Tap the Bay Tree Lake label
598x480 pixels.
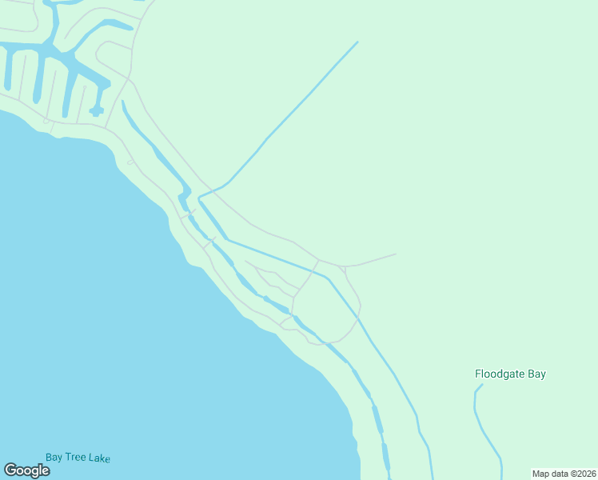tap(78, 458)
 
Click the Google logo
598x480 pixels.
tap(27, 470)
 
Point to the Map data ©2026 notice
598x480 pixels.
tap(564, 474)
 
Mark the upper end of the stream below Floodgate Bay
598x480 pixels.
tap(481, 386)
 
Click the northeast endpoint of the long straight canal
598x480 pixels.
tap(357, 42)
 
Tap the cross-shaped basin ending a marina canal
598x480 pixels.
tap(96, 111)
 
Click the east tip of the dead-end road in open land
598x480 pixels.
tap(396, 254)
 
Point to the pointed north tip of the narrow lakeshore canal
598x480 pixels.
tap(122, 102)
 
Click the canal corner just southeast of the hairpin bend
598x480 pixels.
tap(228, 238)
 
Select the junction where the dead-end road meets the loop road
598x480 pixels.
tap(344, 266)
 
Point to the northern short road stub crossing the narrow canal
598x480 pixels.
tap(190, 213)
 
